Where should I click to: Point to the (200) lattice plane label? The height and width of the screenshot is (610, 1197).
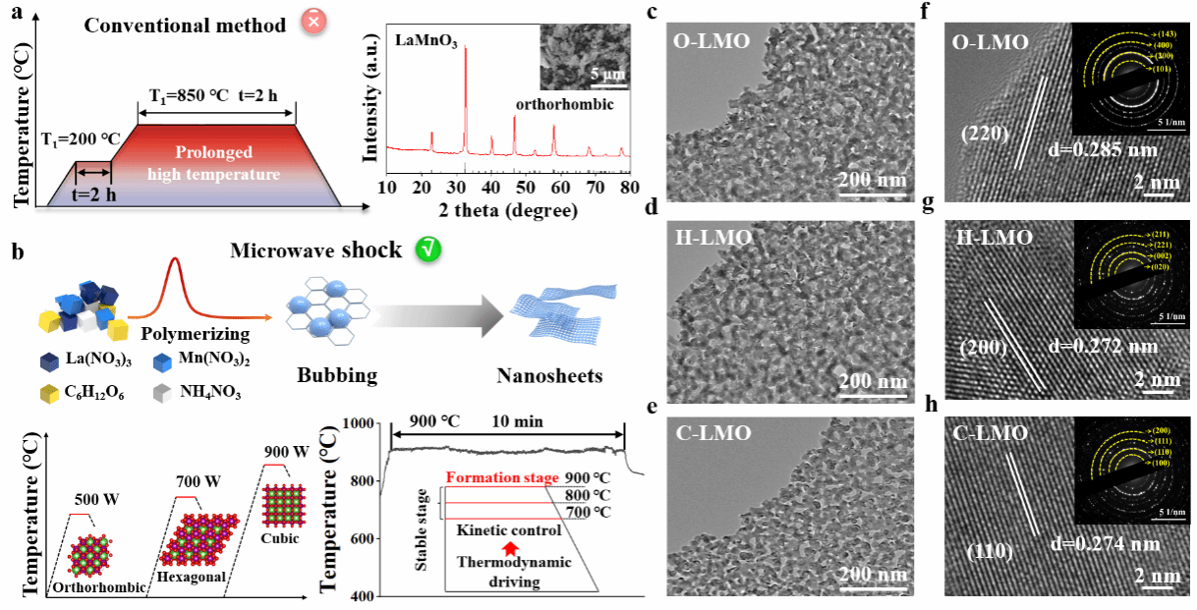[x=986, y=347]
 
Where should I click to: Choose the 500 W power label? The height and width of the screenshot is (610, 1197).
[x=96, y=499]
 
